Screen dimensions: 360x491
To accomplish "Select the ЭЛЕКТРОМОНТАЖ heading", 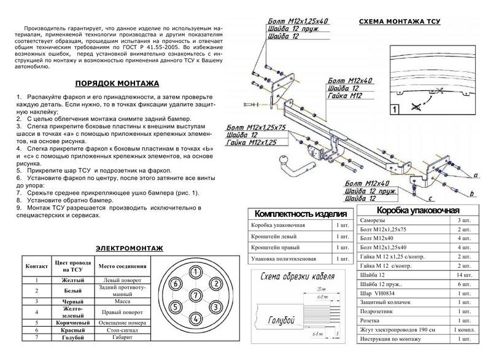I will [x=129, y=248].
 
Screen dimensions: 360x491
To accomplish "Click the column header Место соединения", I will [x=122, y=267].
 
